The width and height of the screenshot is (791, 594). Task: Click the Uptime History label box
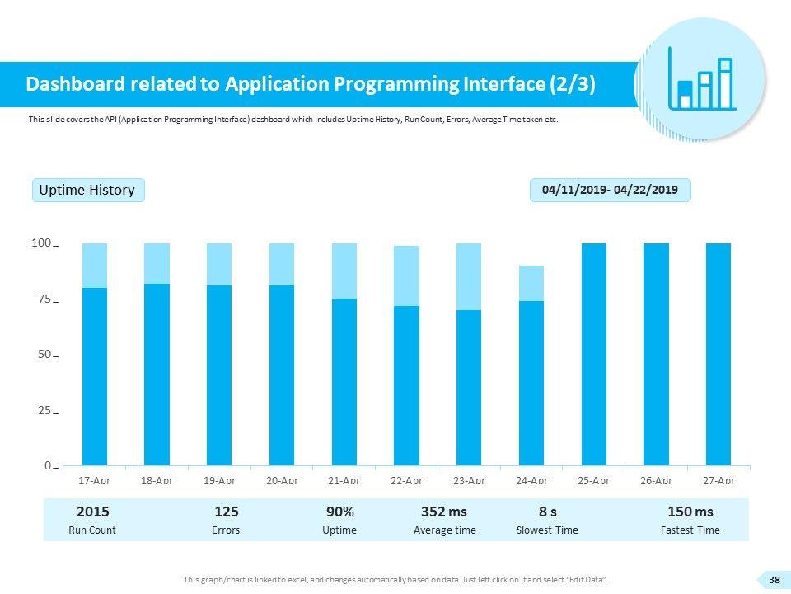click(x=88, y=191)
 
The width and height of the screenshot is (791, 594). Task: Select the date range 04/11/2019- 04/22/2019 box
click(x=610, y=191)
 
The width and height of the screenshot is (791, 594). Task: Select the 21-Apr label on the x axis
click(x=344, y=479)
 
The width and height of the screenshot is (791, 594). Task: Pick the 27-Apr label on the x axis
click(x=718, y=479)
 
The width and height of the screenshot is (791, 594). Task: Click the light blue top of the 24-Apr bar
click(x=531, y=283)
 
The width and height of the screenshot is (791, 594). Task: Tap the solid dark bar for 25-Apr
click(x=593, y=355)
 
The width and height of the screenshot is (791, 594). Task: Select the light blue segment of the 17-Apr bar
click(x=95, y=265)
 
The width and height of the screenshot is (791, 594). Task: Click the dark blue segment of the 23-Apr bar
click(x=468, y=388)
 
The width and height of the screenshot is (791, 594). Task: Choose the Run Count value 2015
click(x=92, y=512)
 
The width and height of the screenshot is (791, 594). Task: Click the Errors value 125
click(x=226, y=512)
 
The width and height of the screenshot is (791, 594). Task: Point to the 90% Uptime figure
click(x=339, y=512)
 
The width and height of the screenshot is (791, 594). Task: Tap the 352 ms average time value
click(x=443, y=512)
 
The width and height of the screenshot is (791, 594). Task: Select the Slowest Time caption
click(x=547, y=530)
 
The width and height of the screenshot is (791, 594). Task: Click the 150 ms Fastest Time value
click(x=690, y=512)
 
